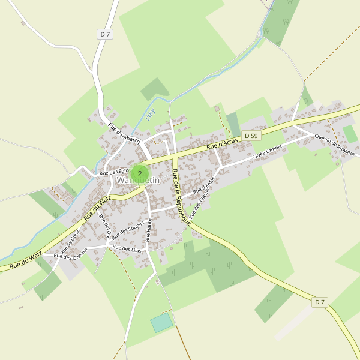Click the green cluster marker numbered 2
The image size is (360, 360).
140,173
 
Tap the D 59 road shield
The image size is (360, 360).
252,136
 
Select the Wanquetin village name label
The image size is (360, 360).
139,181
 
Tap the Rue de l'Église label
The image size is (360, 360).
115,172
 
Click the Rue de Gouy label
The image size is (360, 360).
71,241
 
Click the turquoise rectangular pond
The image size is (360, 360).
161,323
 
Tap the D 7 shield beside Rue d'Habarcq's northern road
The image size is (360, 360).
105,34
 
